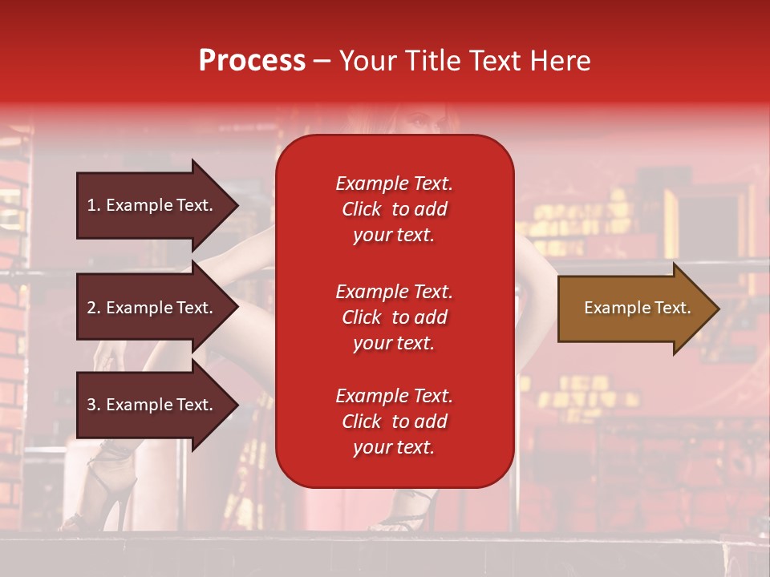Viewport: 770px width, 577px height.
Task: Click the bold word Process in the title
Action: [x=252, y=61]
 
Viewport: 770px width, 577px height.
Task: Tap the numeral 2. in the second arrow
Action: [x=94, y=308]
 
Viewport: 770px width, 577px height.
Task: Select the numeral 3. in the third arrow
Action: [x=94, y=405]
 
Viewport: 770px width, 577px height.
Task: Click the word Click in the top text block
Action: [x=362, y=209]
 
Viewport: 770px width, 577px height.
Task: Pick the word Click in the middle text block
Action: [x=362, y=317]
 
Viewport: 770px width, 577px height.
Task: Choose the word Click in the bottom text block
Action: [x=362, y=422]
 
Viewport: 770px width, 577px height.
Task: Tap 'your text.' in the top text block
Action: [x=394, y=235]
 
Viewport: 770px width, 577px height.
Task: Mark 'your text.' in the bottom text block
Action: [x=394, y=447]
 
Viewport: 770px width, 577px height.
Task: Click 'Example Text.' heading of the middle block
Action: [x=394, y=292]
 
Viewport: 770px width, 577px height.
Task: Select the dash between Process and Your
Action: [x=322, y=62]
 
